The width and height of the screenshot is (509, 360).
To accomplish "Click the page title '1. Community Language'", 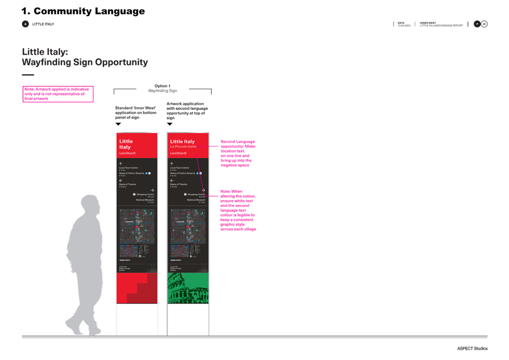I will tap(83, 11).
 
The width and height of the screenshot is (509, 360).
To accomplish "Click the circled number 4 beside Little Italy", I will tap(25, 24).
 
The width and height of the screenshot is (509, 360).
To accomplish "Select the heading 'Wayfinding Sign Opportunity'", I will tap(84, 62).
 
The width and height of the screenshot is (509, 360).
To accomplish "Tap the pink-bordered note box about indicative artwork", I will tap(58, 94).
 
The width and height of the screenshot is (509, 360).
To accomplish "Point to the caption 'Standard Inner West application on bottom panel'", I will tap(136, 112).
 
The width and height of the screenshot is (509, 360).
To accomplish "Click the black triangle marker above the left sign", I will tap(118, 124).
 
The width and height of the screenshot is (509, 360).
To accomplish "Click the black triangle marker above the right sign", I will tap(170, 124).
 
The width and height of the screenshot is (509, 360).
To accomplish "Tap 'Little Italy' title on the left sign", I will tap(126, 144).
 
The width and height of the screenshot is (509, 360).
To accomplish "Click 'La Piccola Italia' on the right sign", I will tap(184, 146).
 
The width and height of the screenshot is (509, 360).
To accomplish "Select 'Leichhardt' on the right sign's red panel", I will tap(179, 153).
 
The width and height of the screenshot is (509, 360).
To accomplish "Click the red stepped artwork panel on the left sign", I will tap(137, 289).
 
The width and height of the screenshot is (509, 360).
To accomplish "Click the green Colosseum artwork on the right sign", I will tap(188, 289).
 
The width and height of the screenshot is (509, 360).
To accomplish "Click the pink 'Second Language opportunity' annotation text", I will tap(238, 154).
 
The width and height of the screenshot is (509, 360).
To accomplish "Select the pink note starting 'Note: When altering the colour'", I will tap(238, 210).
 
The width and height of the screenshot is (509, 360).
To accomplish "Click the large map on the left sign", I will tap(137, 226).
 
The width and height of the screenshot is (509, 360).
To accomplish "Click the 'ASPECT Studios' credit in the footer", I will tap(472, 349).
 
